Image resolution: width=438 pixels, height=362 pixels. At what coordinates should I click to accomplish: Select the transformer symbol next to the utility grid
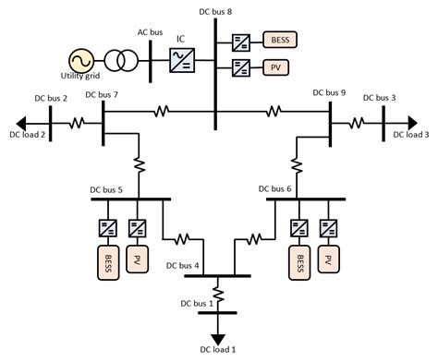[117, 61]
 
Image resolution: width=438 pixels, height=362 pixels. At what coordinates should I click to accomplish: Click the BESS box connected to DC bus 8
[278, 41]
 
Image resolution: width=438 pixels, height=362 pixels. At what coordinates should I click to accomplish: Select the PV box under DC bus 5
[139, 261]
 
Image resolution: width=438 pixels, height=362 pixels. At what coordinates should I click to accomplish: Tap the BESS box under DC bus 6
[298, 261]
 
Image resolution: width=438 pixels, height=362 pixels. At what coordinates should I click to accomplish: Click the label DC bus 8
[215, 9]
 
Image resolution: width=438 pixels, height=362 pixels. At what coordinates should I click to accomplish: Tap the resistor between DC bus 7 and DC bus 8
[161, 113]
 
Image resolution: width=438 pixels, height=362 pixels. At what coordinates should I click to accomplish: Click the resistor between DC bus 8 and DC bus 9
[275, 113]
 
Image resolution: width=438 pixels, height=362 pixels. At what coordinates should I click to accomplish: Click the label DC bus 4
[182, 265]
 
